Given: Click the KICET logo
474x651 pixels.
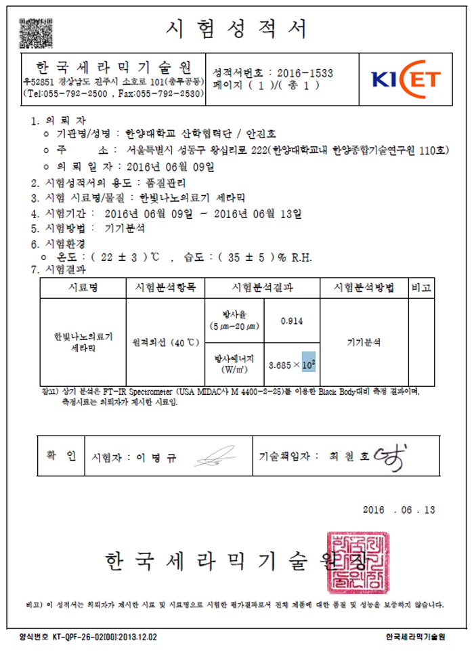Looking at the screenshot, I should point(406,79).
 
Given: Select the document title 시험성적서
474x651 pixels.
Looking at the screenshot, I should point(236,28).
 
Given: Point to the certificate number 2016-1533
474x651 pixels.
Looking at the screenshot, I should point(305,72).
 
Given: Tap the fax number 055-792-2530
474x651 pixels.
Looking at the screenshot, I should point(165,93).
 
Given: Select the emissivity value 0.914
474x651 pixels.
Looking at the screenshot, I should point(291,320).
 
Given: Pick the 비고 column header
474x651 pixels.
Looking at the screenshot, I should point(422,287).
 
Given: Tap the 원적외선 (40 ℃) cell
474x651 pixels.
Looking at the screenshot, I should point(165,342).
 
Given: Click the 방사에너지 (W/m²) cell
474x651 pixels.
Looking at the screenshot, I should point(233,364).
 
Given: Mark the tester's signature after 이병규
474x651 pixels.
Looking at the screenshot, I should point(215,457).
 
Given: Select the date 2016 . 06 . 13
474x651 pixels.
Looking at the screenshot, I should point(399,509).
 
